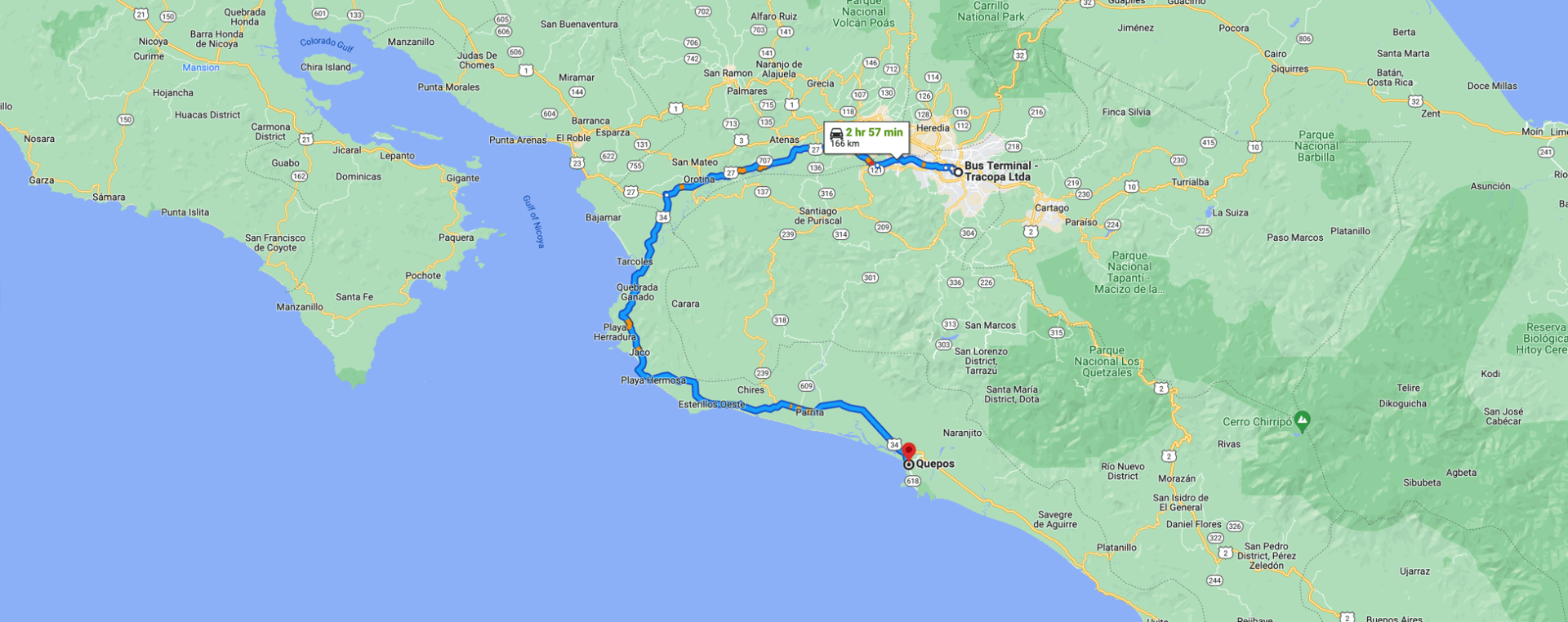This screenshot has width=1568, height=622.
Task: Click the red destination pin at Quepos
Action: pyautogui.click(x=908, y=451)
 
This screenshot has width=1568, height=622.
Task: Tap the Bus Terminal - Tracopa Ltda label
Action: pyautogui.click(x=1000, y=171)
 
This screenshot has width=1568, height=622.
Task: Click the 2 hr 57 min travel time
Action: pyautogui.click(x=874, y=132)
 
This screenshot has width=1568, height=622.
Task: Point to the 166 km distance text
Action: pyautogui.click(x=844, y=144)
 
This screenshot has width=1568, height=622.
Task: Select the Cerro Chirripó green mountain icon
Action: pyautogui.click(x=1303, y=421)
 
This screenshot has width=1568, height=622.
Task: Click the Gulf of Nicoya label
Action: pyautogui.click(x=533, y=221)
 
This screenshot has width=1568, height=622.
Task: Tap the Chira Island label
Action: pyautogui.click(x=325, y=67)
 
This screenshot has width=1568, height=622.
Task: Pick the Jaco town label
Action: pyautogui.click(x=639, y=353)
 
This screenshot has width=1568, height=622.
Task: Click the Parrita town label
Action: pyautogui.click(x=809, y=412)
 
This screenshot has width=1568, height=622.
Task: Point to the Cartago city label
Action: pyautogui.click(x=1052, y=208)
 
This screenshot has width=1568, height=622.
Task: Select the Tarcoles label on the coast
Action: pyautogui.click(x=635, y=262)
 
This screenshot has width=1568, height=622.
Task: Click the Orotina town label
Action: pyautogui.click(x=699, y=180)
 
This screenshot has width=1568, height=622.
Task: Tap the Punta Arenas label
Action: pyautogui.click(x=518, y=140)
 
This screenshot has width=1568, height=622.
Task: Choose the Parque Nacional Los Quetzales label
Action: pyautogui.click(x=1107, y=362)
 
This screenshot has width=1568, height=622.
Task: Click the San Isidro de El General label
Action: pyautogui.click(x=1180, y=502)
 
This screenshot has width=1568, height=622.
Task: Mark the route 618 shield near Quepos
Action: pyautogui.click(x=912, y=482)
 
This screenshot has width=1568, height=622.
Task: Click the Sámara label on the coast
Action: pyautogui.click(x=109, y=198)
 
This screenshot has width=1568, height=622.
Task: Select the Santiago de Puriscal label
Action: pyautogui.click(x=817, y=215)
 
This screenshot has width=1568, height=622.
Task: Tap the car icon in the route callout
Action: pyautogui.click(x=836, y=133)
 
